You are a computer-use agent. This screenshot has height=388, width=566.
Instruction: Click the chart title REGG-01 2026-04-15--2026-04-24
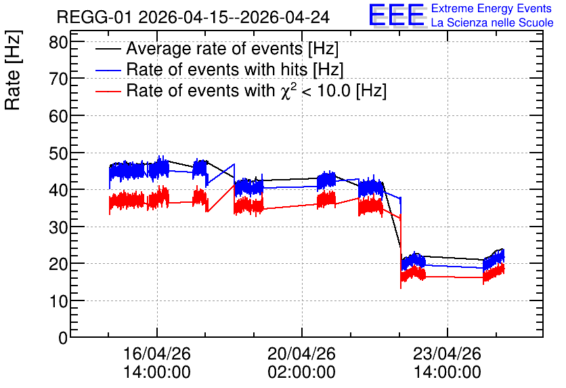tap(193, 17)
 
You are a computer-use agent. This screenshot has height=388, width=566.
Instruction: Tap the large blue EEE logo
tap(396, 15)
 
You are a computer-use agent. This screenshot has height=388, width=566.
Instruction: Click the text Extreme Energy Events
tap(492, 8)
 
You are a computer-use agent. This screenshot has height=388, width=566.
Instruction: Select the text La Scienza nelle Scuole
tap(492, 22)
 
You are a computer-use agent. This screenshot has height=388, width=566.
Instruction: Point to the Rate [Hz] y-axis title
tap(13, 70)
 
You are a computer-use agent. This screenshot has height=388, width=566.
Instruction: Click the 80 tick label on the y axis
tap(58, 42)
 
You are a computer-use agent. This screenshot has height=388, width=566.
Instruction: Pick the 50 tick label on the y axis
tap(58, 154)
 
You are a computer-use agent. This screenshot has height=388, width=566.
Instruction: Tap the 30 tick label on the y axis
tap(58, 228)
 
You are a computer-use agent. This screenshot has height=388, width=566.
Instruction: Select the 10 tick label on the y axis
tap(58, 302)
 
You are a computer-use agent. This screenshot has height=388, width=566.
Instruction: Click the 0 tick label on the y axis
tap(63, 338)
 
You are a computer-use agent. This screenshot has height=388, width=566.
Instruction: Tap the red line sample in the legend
tap(108, 92)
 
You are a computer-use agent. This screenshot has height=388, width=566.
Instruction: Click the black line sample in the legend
tap(108, 49)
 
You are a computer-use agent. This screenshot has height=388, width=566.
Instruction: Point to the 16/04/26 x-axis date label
tap(157, 353)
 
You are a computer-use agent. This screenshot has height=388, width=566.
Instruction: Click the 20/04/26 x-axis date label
tap(302, 353)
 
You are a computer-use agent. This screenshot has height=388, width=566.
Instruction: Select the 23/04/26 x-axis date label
tap(448, 353)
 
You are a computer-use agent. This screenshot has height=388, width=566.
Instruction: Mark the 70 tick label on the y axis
tap(58, 79)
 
